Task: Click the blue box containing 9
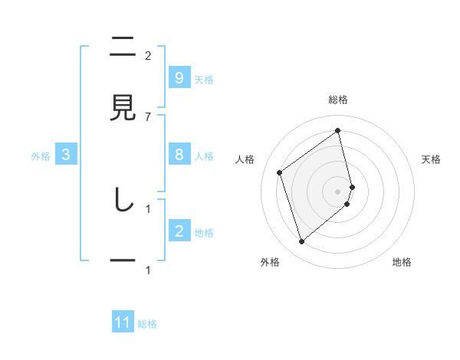[179, 78]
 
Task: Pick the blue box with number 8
[179, 155]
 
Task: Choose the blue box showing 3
[66, 155]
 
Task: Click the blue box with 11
[123, 322]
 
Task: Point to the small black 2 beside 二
[148, 55]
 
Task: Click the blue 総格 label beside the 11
[147, 324]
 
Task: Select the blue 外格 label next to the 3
[41, 156]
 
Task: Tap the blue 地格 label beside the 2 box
[204, 233]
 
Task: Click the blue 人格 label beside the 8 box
[204, 156]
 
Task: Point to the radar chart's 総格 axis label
[338, 100]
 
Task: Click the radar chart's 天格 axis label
[432, 159]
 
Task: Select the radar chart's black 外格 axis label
[270, 262]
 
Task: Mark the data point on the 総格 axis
[338, 131]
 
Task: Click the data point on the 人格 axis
[280, 172]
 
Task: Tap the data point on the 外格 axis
[301, 242]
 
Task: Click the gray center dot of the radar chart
[338, 191]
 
